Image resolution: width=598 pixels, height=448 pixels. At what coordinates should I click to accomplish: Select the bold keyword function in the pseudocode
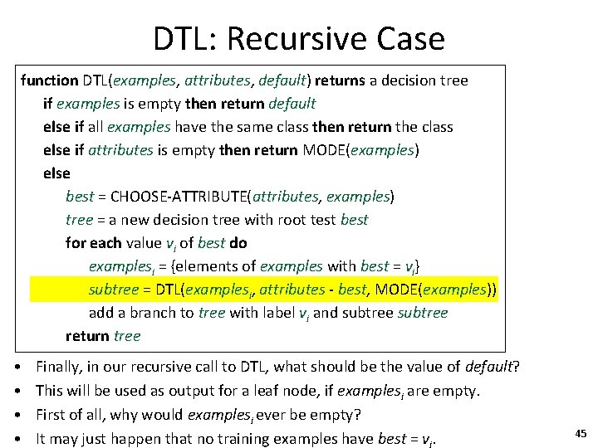(49, 80)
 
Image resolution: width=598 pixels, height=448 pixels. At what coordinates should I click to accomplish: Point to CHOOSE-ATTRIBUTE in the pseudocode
(179, 197)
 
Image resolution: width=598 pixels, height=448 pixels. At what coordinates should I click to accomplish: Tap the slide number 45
(581, 432)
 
